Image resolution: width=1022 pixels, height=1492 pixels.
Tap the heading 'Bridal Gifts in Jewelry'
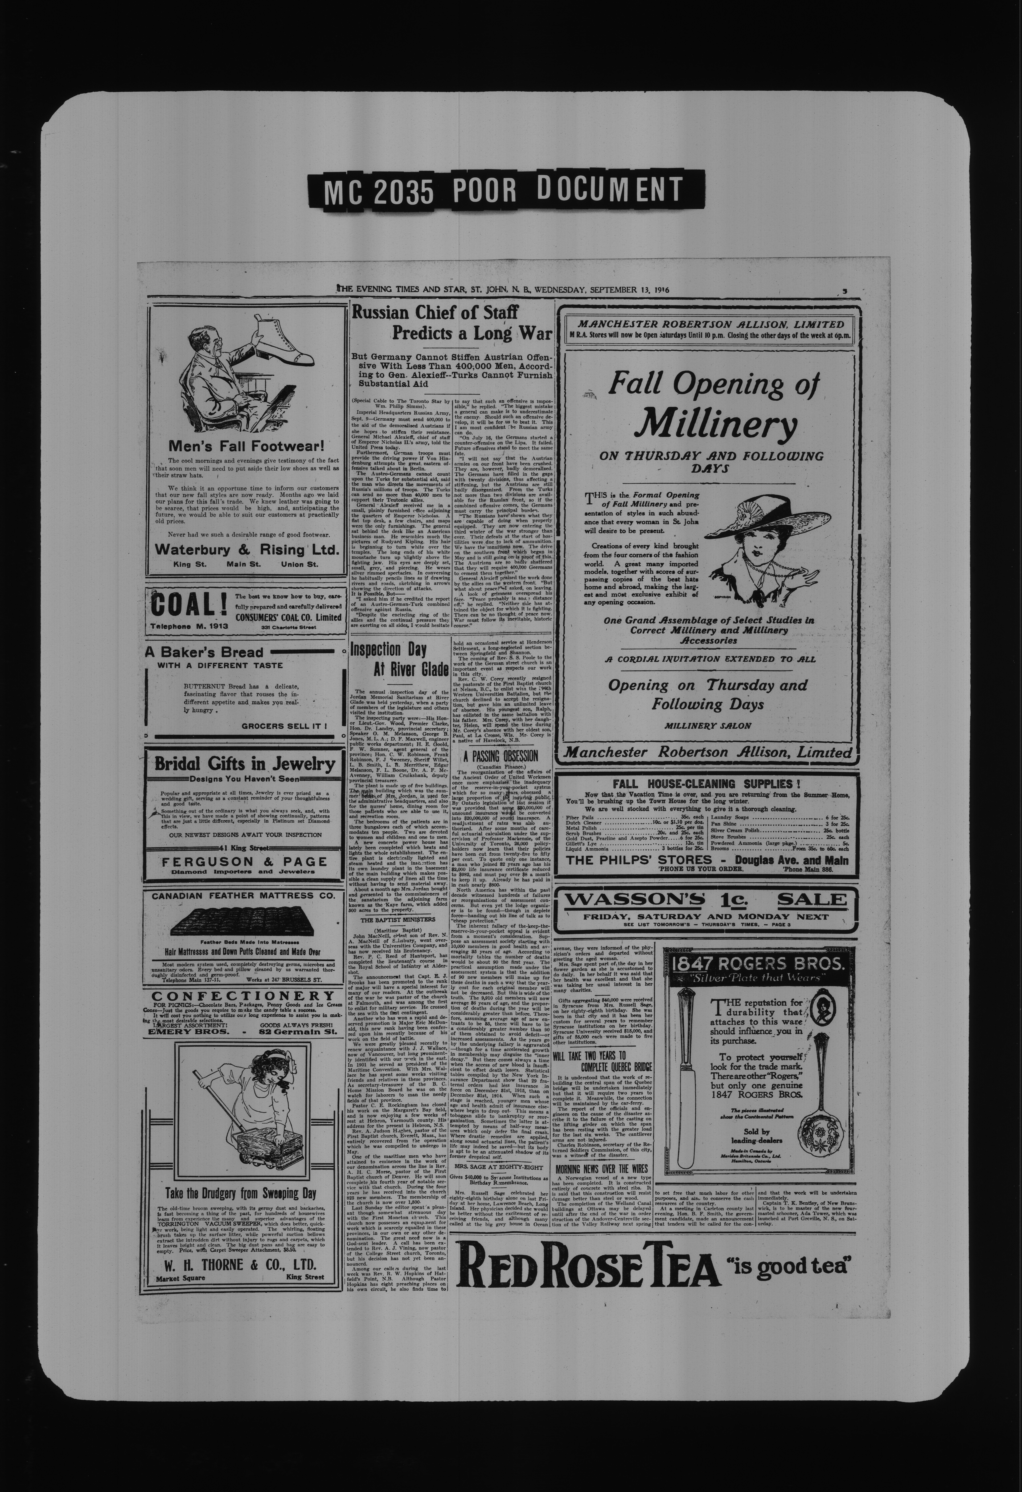pos(244,764)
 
